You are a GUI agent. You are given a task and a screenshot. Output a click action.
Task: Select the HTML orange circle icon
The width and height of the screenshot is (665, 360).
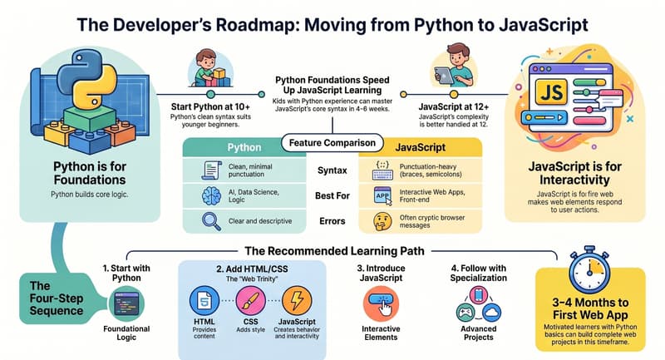tap(203, 300)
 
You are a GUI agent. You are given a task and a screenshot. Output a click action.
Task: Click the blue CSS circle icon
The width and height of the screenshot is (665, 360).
tap(249, 300)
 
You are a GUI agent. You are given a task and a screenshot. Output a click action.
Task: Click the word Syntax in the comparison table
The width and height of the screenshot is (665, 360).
tap(331, 170)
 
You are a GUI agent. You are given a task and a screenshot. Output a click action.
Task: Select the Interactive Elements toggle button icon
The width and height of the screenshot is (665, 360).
tap(383, 301)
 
